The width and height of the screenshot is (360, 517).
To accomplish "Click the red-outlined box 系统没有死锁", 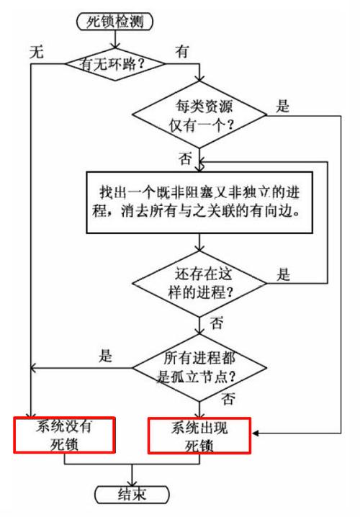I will (x=64, y=434).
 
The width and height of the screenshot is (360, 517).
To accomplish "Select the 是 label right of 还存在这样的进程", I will (x=284, y=274).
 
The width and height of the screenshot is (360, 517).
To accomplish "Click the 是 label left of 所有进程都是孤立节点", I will (x=106, y=356).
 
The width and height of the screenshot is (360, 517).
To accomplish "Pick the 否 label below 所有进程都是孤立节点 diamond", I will (x=228, y=397).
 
